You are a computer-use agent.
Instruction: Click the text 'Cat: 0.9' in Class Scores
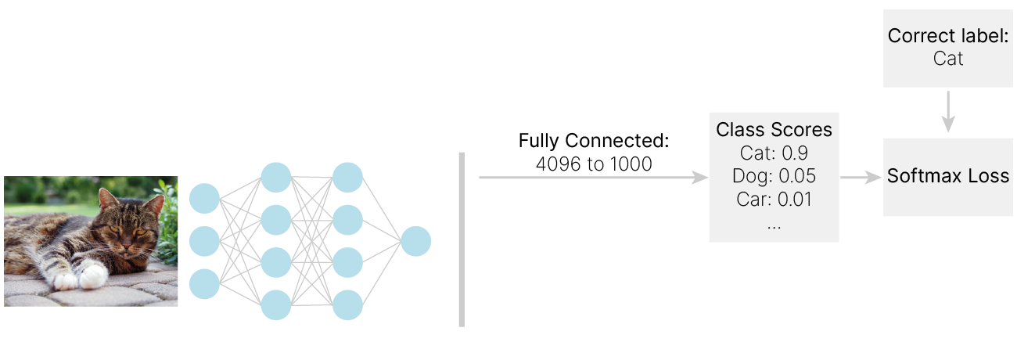click(774, 153)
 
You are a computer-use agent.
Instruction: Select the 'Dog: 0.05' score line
click(774, 176)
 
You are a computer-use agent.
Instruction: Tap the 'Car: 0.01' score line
click(774, 199)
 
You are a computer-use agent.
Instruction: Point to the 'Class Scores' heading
click(774, 129)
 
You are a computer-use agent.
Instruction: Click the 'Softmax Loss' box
click(948, 177)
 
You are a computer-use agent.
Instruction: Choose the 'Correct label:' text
click(948, 36)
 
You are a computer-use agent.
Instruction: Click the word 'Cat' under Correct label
click(948, 59)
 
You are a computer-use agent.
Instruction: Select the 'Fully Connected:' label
click(594, 142)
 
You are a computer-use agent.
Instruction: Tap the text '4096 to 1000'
click(594, 165)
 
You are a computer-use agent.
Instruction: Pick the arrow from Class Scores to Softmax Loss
click(861, 178)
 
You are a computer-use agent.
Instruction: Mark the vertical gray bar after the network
click(462, 239)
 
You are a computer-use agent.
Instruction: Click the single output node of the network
click(415, 241)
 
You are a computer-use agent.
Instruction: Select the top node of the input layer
click(205, 199)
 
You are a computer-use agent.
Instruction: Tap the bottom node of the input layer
click(205, 283)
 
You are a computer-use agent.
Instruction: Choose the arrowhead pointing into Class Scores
click(700, 178)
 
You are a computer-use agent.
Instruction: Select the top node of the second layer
click(276, 178)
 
